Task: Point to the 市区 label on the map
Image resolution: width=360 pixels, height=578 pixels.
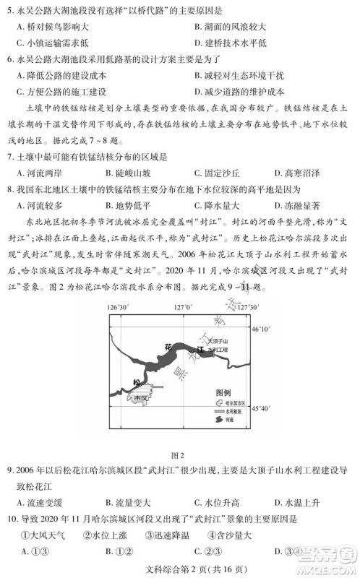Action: [x=138, y=397]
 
